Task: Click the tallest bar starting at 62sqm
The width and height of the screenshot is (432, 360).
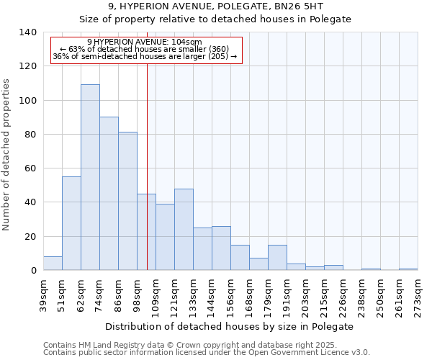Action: point(90,177)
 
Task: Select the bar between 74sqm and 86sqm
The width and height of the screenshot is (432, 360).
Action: point(109,193)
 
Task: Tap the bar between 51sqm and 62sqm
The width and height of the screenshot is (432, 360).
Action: point(71,223)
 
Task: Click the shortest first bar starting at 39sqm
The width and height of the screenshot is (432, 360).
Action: point(53,264)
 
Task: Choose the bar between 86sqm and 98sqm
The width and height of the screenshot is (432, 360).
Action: point(127,201)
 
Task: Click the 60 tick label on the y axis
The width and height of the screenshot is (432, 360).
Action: point(30,168)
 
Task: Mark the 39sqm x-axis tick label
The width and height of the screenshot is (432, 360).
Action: point(43,294)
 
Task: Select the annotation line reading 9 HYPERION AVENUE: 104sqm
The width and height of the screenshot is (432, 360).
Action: point(145,42)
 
